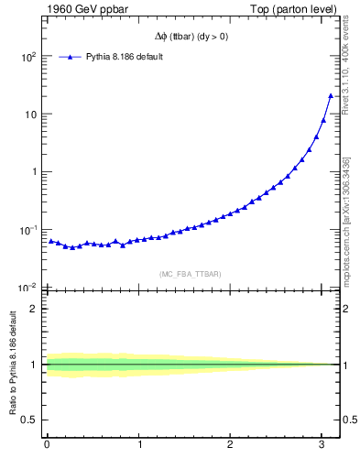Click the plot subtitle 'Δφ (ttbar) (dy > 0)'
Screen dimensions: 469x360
(192, 37)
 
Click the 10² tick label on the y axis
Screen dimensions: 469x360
(28, 57)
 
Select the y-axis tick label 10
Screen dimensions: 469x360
(30, 115)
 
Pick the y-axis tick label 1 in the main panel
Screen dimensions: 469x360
(33, 172)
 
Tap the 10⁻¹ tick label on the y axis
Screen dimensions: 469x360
(28, 229)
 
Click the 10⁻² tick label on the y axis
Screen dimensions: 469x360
(28, 287)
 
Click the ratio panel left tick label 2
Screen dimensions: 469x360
(33, 309)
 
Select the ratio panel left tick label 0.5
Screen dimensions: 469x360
(29, 420)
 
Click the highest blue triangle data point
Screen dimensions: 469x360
(331, 95)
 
